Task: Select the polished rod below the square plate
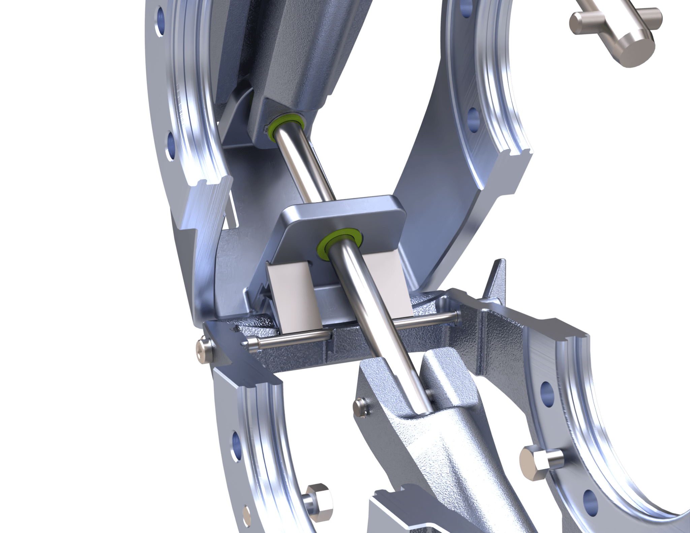click(381, 323)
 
